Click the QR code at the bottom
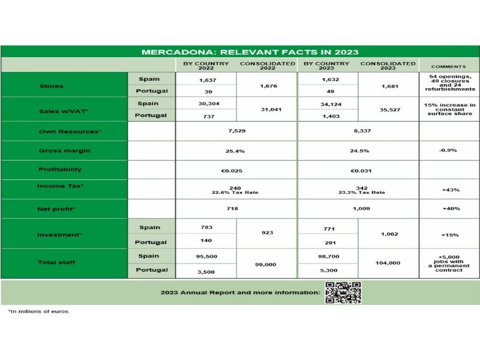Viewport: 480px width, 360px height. [x=343, y=292]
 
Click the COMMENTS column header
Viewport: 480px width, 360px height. [x=449, y=66]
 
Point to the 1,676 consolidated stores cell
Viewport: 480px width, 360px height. [x=267, y=86]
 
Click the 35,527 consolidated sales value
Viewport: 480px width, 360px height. [x=388, y=110]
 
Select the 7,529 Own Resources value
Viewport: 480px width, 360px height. [x=237, y=131]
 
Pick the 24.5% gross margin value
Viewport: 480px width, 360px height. [x=358, y=151]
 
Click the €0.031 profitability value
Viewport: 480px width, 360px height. [x=358, y=170]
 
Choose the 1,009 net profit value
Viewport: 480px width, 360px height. [x=358, y=209]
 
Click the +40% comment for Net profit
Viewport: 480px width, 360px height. [x=450, y=209]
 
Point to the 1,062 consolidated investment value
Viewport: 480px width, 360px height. [x=388, y=235]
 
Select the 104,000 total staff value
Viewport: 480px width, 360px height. [x=388, y=263]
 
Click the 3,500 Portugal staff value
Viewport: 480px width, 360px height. [x=206, y=272]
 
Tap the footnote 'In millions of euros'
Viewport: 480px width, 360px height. [x=39, y=311]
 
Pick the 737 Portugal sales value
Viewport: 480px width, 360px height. [x=206, y=116]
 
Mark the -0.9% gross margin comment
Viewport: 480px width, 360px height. [x=450, y=151]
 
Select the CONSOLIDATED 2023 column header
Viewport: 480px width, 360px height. [x=388, y=65]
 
